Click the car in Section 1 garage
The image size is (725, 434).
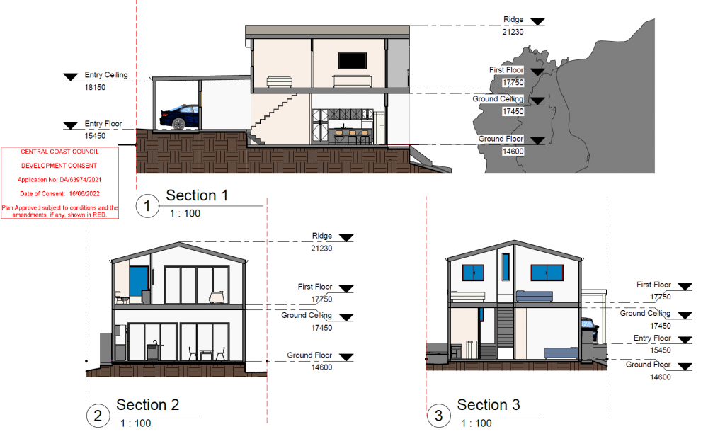click(x=180, y=117)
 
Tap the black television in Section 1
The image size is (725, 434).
click(x=353, y=61)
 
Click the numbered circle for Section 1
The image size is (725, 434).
click(x=147, y=206)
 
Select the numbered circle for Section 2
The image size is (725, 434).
click(x=98, y=416)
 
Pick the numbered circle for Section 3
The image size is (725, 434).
click(x=438, y=416)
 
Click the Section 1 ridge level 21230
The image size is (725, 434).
click(x=513, y=32)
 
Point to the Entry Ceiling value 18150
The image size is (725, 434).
click(x=95, y=87)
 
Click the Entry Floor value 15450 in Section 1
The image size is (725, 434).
click(x=95, y=136)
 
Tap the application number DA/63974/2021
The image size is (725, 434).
click(x=81, y=180)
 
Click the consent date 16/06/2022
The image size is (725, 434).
click(x=84, y=194)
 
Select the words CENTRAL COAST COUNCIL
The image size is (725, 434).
click(x=59, y=152)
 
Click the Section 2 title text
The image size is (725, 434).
click(x=147, y=405)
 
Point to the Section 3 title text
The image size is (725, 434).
click(x=489, y=405)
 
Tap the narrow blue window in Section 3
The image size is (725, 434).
click(x=506, y=267)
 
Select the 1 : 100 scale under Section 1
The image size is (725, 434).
click(x=185, y=214)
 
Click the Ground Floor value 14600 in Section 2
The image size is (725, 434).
click(x=321, y=367)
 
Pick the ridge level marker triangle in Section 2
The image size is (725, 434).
click(x=346, y=238)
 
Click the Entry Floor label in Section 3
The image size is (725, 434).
click(x=652, y=338)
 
